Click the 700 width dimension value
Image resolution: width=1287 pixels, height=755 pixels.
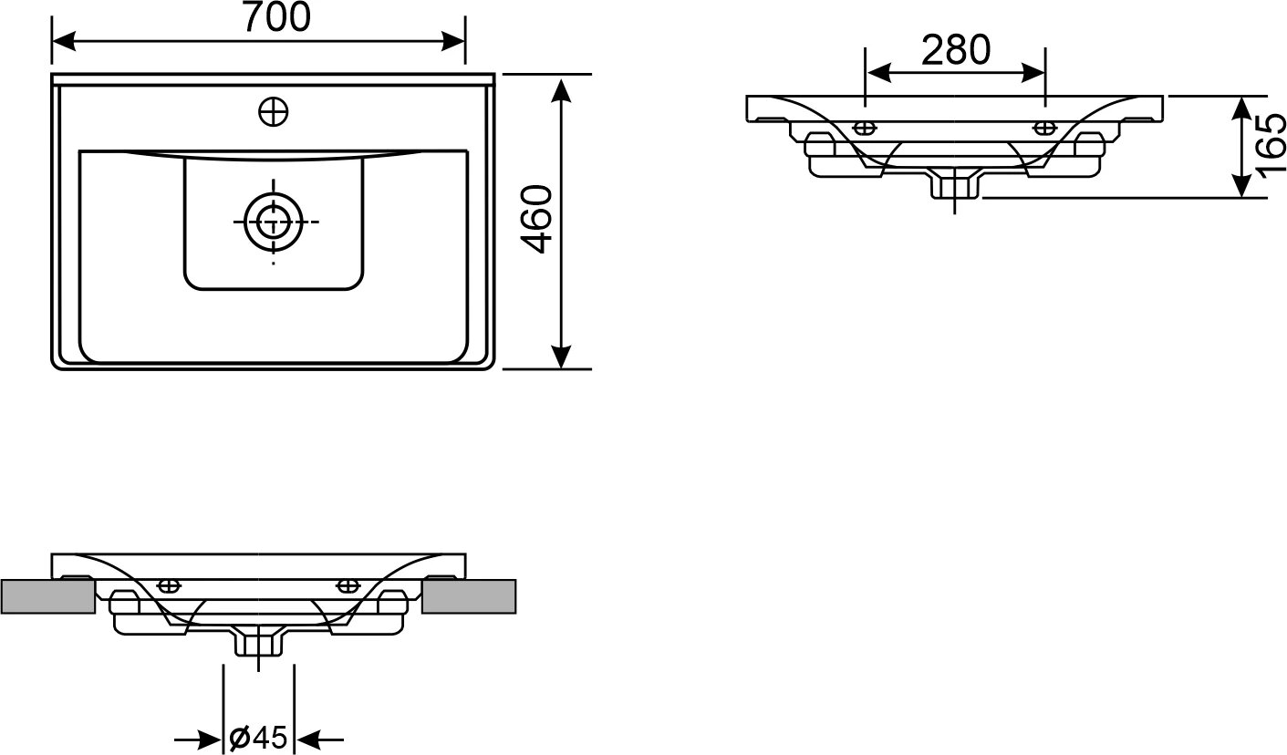[x=276, y=17]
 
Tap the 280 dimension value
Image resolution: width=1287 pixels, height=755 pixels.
[x=955, y=50]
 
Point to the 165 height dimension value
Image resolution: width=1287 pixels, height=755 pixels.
[x=1271, y=146]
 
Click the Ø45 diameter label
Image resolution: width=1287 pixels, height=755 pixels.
[x=258, y=738]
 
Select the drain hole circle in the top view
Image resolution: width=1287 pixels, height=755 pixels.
[x=272, y=222]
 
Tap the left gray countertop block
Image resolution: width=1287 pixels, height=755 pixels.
[x=48, y=596]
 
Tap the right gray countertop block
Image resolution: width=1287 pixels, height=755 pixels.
[x=470, y=596]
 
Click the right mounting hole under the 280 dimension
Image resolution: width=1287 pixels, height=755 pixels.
[x=1043, y=127]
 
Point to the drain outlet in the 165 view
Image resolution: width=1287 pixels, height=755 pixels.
[x=954, y=186]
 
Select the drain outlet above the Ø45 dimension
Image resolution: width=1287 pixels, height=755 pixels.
[x=259, y=643]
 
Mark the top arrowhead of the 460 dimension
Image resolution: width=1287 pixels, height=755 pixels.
[x=562, y=89]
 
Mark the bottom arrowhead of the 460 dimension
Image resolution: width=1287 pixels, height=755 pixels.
[x=562, y=357]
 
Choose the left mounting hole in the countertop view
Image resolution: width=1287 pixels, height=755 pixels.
[x=169, y=584]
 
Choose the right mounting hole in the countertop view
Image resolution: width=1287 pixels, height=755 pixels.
[x=347, y=584]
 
